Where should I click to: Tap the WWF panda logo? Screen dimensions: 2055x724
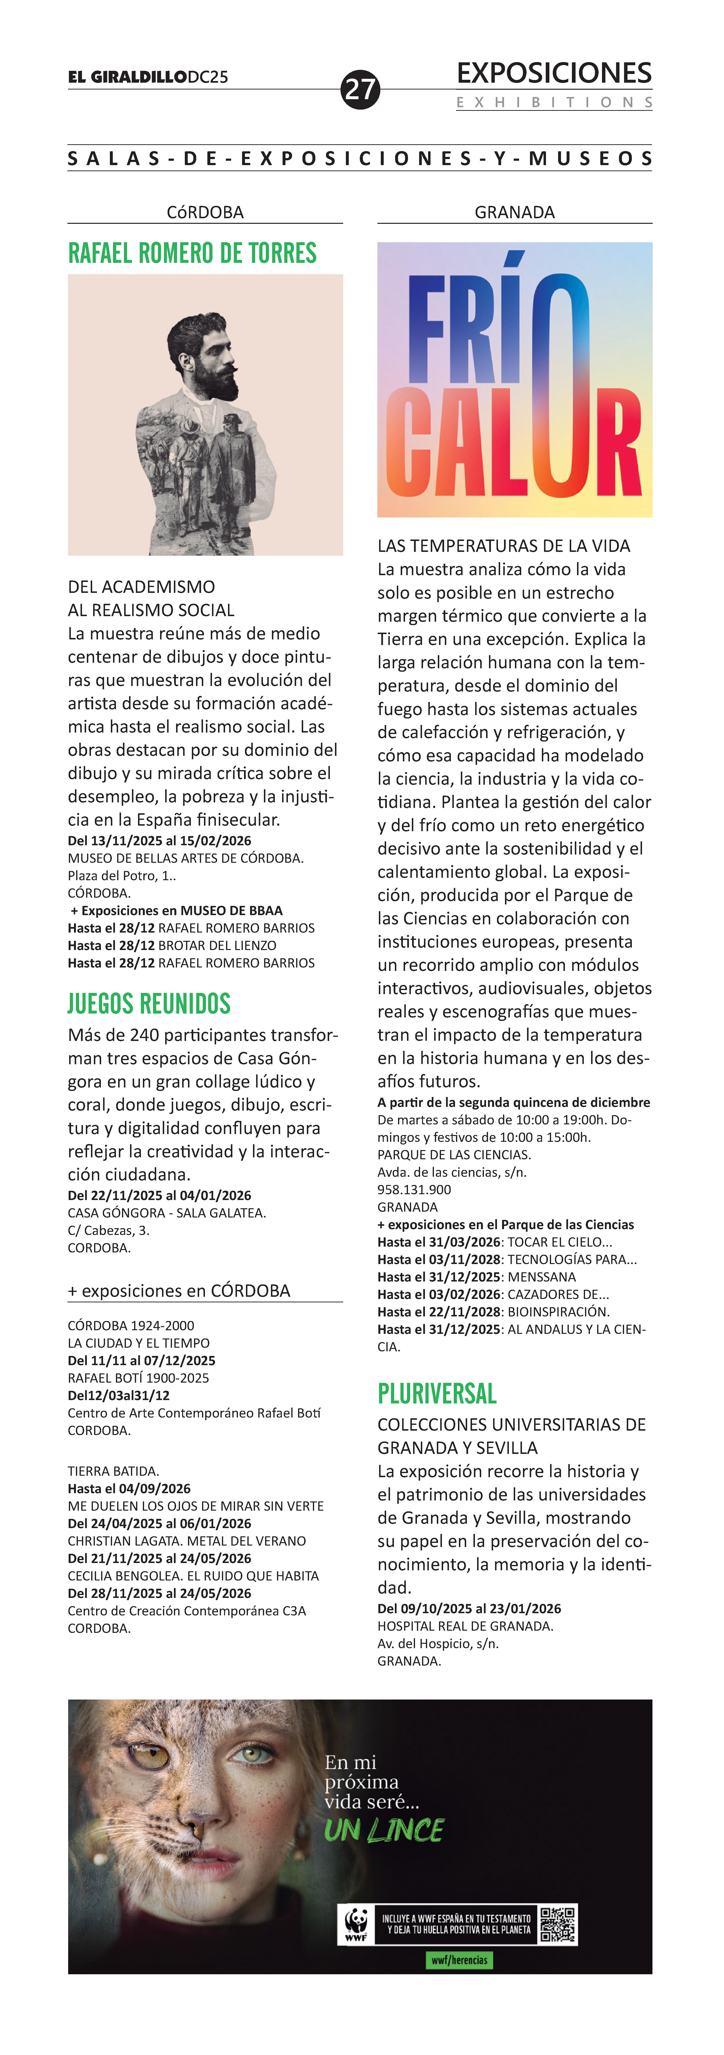pyautogui.click(x=356, y=1923)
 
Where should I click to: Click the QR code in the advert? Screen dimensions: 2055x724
pyautogui.click(x=558, y=1923)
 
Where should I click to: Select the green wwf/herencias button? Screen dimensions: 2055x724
pyautogui.click(x=459, y=1959)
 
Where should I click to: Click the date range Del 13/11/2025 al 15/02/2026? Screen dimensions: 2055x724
pyautogui.click(x=160, y=841)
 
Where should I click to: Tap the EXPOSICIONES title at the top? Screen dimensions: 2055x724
pyautogui.click(x=554, y=73)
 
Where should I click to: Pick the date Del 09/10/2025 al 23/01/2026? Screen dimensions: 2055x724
pyautogui.click(x=469, y=1608)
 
